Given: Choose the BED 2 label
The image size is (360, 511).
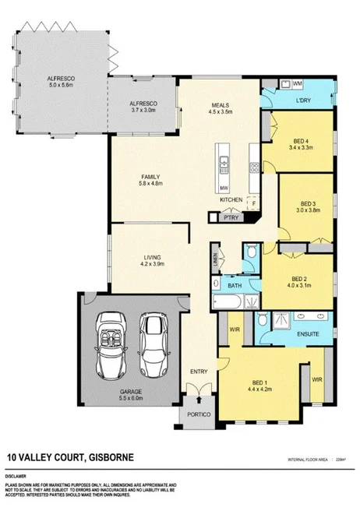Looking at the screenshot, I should click(300, 278).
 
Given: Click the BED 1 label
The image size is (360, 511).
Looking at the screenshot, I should click(260, 383).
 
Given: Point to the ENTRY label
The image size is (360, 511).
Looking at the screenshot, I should click(199, 372).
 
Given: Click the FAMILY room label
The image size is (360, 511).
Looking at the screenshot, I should click(150, 176).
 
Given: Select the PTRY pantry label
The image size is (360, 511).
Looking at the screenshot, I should click(231, 219).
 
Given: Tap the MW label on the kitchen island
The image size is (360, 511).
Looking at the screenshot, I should click(224, 187).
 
